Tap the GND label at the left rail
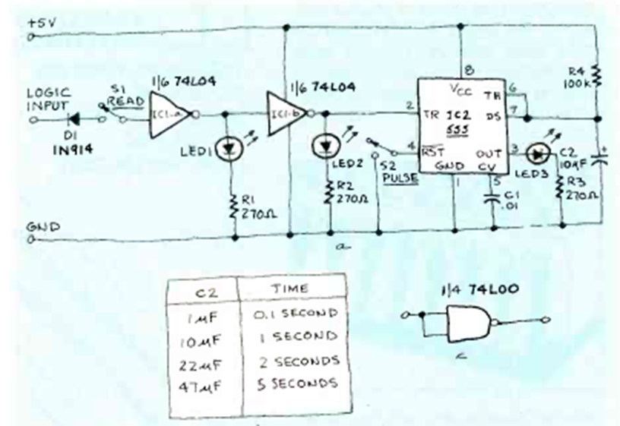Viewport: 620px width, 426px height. click(38, 226)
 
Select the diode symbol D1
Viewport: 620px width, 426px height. click(73, 118)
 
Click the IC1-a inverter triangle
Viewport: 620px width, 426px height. click(168, 114)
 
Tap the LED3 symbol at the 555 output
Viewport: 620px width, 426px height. click(539, 153)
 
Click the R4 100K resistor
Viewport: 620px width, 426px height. click(597, 75)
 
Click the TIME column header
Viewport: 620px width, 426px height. click(289, 289)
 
